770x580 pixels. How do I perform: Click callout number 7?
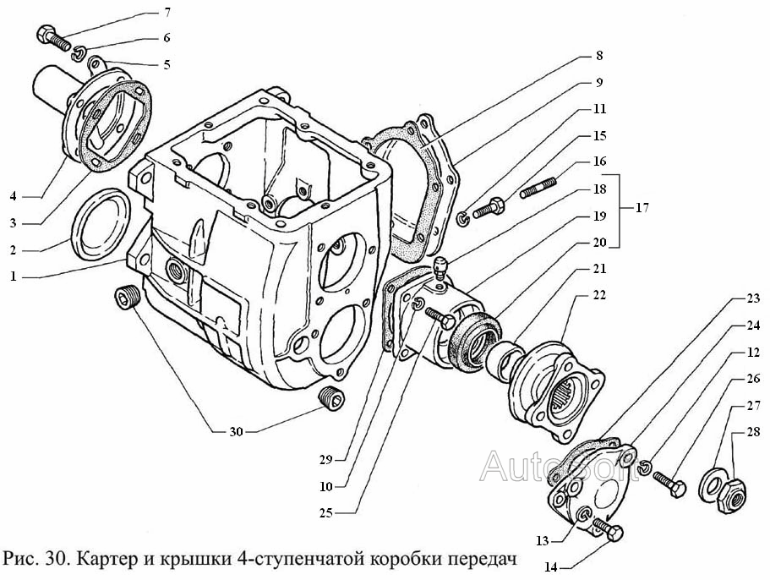(x=167, y=13)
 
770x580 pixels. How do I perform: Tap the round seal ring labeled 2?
(x=100, y=223)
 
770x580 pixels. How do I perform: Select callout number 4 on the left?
(x=14, y=197)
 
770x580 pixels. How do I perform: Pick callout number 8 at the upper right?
(x=599, y=57)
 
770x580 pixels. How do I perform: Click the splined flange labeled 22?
(x=554, y=385)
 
